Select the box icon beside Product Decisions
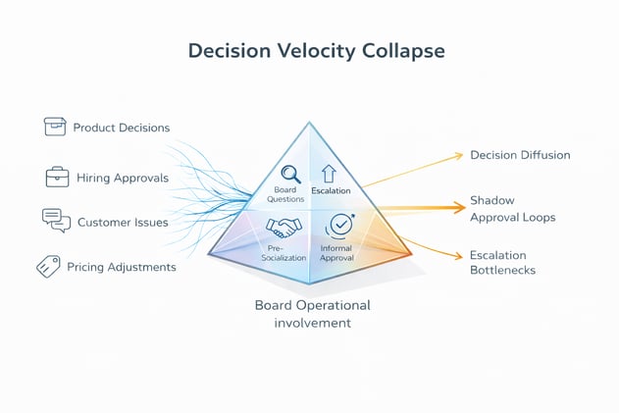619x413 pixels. pyautogui.click(x=55, y=127)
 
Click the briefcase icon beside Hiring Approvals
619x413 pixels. pyautogui.click(x=57, y=178)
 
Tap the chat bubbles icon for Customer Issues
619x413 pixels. pyautogui.click(x=56, y=221)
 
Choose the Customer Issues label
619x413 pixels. pyautogui.click(x=123, y=222)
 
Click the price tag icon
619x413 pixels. pyautogui.click(x=48, y=266)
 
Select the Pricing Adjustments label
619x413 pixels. pyautogui.click(x=122, y=267)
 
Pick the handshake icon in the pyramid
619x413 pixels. pyautogui.click(x=285, y=227)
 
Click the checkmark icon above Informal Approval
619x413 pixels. pyautogui.click(x=339, y=225)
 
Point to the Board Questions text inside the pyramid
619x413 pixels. pyautogui.click(x=285, y=194)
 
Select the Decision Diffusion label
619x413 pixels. pyautogui.click(x=520, y=155)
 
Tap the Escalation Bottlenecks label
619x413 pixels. pyautogui.click(x=503, y=263)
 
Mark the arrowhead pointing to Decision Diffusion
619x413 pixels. pyautogui.click(x=459, y=155)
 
